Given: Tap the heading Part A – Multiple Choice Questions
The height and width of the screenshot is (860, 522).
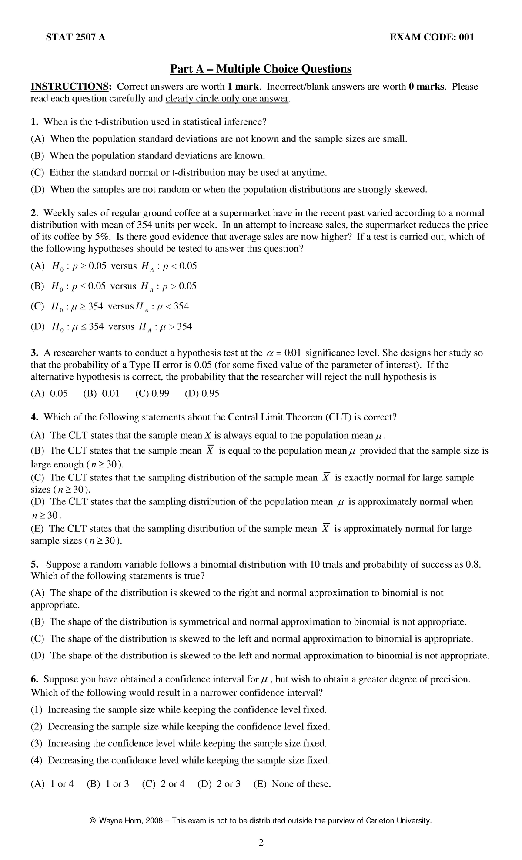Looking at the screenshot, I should point(260,69).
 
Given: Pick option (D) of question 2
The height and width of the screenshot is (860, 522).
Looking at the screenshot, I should point(37,327).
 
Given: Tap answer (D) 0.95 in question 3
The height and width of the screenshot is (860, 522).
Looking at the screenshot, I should point(202,394).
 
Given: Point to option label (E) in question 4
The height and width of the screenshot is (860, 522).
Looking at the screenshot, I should point(37,529).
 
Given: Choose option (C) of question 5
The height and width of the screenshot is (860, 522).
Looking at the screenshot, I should point(37,639).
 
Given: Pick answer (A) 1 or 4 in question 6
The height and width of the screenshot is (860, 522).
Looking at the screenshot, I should point(52,784).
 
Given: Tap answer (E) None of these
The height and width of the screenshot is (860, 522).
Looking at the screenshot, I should point(292,784).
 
